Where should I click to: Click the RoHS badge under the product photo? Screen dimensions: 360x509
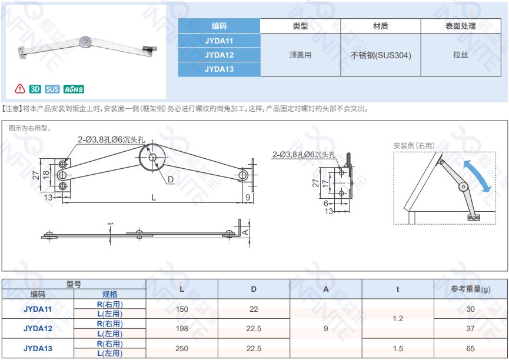[74, 89]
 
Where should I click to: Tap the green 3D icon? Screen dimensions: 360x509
[35, 89]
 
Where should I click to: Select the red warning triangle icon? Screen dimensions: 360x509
[20, 89]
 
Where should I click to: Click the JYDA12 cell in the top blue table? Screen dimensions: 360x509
[219, 55]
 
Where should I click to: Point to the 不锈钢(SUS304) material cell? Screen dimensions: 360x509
[381, 55]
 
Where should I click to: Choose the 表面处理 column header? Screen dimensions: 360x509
[461, 26]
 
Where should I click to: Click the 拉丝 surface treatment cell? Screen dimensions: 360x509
[461, 55]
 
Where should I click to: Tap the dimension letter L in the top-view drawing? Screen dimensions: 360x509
[153, 198]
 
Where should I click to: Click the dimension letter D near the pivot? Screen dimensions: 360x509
[170, 179]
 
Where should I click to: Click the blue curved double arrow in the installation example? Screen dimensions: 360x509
[477, 175]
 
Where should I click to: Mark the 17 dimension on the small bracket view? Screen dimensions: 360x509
[325, 184]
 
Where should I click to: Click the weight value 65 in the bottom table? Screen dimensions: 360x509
[470, 348]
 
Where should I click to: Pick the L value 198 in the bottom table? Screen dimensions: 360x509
[182, 329]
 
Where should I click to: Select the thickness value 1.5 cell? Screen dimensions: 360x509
[398, 348]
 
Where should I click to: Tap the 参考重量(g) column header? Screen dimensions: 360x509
[470, 289]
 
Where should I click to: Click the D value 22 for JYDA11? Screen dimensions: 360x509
[254, 309]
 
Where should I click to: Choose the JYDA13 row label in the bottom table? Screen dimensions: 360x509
[38, 348]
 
